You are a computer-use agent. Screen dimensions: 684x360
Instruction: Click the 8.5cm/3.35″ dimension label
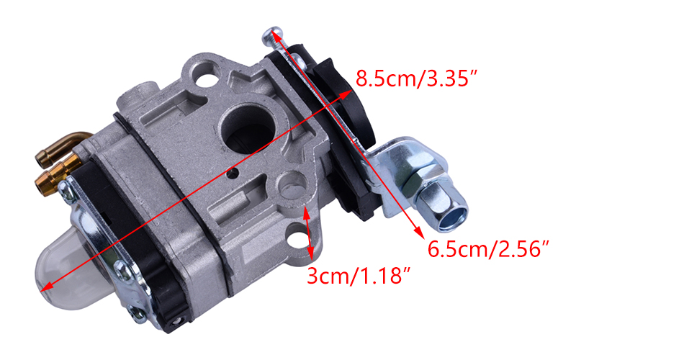(x=417, y=78)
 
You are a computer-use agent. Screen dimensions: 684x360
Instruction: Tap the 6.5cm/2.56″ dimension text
(x=487, y=249)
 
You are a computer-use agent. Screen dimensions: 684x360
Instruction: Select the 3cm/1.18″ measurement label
(x=359, y=276)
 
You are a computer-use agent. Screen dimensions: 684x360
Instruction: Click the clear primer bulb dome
(x=66, y=275)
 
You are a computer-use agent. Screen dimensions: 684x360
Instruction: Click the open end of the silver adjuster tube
(x=452, y=217)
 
